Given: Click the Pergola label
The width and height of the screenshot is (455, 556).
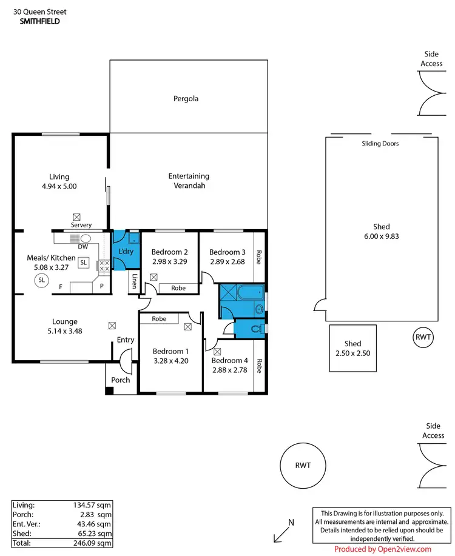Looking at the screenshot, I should point(186,98).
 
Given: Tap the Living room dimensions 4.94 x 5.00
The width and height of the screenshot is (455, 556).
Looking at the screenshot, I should point(59,187).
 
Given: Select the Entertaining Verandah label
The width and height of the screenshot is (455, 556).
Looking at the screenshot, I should point(189,181).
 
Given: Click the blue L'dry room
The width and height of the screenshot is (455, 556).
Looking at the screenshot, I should point(125,251).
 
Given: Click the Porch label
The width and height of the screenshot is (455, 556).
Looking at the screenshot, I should point(120,381).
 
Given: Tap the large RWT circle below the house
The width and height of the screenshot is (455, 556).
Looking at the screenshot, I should point(303,466).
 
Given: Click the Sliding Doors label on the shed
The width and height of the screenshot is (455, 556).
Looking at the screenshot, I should point(380,144).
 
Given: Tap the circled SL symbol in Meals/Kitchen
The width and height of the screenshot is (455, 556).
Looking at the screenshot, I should point(42,280).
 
